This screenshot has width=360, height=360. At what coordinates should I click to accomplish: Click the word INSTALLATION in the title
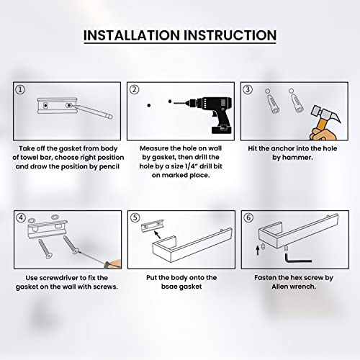click(x=132, y=35)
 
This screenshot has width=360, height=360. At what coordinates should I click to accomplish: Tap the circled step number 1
click(x=20, y=90)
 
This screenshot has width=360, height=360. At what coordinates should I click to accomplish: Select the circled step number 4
click(x=21, y=218)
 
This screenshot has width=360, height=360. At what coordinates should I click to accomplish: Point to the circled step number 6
click(x=248, y=217)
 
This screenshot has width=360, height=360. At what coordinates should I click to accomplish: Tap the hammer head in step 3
click(x=325, y=114)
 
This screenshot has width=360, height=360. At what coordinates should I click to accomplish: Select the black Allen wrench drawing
click(x=297, y=258)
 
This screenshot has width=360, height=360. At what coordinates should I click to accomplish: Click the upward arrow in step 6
click(x=258, y=250)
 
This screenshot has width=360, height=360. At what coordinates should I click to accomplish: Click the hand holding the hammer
click(x=322, y=134)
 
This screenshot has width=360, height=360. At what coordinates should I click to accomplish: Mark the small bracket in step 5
click(x=152, y=225)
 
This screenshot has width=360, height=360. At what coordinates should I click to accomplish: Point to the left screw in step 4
click(x=45, y=248)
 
